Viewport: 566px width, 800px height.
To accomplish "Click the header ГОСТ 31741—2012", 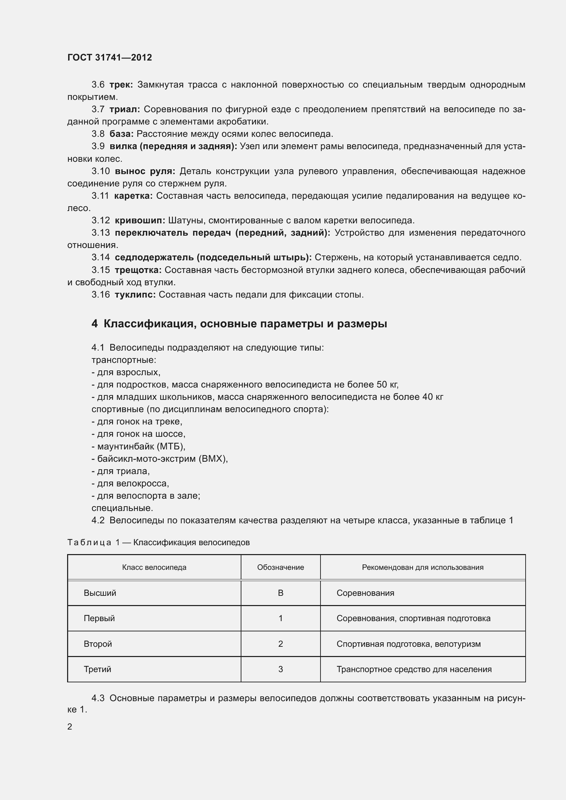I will pos(110,57).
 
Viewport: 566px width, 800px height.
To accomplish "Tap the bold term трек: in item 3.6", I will pos(121,85).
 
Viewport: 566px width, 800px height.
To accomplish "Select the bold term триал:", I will pos(125,109).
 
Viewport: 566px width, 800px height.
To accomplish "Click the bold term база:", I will pos(122,134).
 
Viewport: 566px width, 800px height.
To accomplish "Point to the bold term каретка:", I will pos(133,196).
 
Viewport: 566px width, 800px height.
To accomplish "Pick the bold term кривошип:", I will pos(140,220).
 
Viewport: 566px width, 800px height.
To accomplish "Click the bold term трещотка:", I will pos(138,270).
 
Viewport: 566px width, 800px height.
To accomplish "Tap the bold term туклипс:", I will pos(135,294).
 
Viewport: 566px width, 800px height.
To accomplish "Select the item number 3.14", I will pos(101,258).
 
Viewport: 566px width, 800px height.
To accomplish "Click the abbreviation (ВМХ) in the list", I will pos(213,459).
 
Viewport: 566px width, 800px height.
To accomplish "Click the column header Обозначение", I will pos(280,567).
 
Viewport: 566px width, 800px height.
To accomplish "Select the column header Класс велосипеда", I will pos(154,567).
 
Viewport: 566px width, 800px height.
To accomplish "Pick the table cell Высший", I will pos(100,593).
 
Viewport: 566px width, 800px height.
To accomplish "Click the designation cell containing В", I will pos(280,593).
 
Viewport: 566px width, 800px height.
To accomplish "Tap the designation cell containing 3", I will pos(280,669).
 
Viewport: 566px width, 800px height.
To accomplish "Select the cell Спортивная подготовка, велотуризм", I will pos(408,644).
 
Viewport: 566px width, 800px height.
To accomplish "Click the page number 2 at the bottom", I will pos(70,726).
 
